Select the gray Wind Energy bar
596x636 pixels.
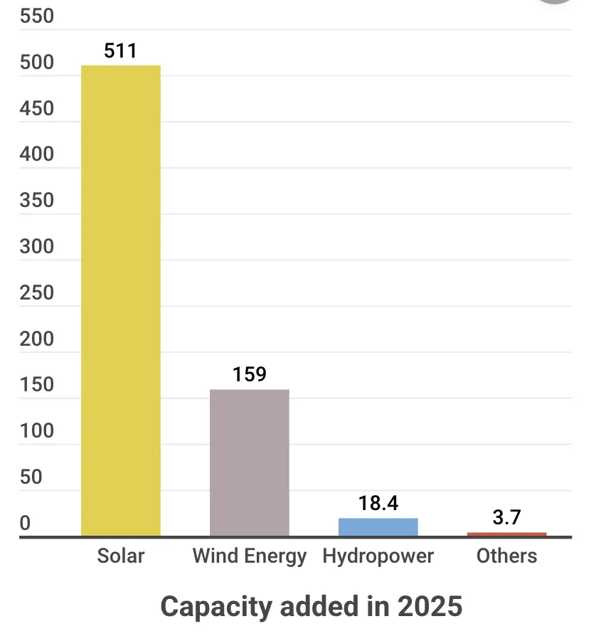point(250,462)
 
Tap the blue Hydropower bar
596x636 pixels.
point(378,527)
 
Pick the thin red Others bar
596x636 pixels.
point(507,534)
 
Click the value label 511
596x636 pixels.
point(120,51)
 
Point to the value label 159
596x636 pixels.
point(250,374)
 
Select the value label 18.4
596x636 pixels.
point(378,504)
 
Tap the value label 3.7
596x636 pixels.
point(507,517)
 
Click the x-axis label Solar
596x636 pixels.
point(121,556)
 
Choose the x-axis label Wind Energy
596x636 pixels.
point(250,556)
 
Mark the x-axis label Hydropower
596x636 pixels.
point(378,556)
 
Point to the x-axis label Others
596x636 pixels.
point(507,556)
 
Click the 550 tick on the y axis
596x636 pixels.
point(37,16)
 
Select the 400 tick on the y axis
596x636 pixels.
point(37,154)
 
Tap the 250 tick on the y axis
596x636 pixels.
point(37,292)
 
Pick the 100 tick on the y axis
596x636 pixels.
point(37,430)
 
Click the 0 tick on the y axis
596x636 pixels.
point(26,523)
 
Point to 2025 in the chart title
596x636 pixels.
point(430,607)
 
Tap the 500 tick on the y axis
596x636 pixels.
point(37,63)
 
